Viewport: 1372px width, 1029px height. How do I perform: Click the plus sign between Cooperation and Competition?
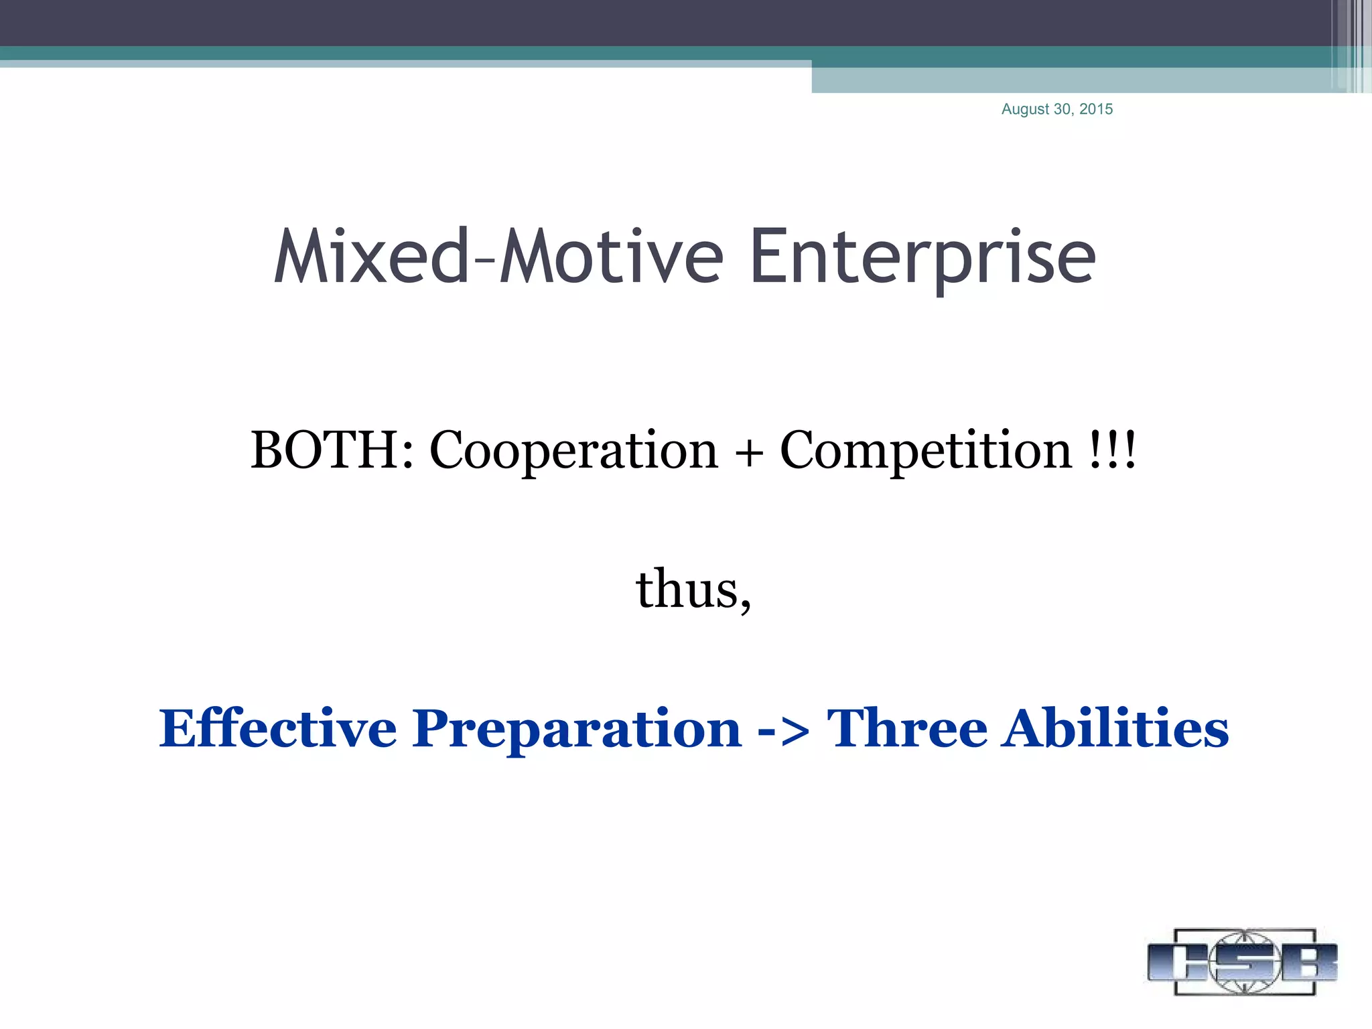(x=749, y=453)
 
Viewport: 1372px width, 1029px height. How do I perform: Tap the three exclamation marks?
(x=1113, y=450)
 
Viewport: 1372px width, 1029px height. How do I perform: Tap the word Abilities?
(x=1115, y=728)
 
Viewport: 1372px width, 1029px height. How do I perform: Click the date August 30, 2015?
(x=1056, y=109)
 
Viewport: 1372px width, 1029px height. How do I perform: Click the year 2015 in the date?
(x=1095, y=109)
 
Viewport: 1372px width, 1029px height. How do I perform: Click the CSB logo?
(x=1242, y=961)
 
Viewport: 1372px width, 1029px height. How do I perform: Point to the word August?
(x=1025, y=110)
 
